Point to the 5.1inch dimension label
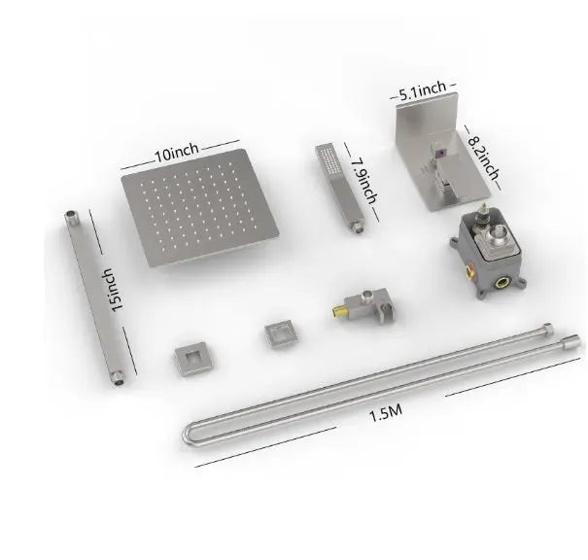tap(424, 91)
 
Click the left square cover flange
tap(190, 359)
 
